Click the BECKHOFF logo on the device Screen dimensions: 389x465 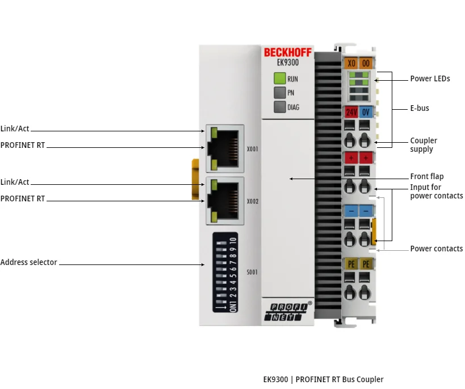[287, 52]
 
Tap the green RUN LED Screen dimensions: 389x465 [279, 78]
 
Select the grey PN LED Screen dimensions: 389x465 [279, 93]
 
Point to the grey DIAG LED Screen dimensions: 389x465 [279, 107]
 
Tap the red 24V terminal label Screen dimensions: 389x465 [351, 112]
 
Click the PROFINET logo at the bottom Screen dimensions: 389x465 [287, 312]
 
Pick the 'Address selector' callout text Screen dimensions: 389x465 [29, 263]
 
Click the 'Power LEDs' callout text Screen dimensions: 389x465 [430, 78]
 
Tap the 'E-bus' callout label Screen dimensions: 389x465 [420, 107]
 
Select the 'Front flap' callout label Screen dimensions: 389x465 [427, 176]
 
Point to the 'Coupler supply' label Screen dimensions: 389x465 [424, 145]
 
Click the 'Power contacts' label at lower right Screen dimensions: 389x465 [436, 249]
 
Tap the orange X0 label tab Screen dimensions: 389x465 [351, 63]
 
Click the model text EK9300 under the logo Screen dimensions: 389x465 [288, 63]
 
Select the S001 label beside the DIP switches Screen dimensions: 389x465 [252, 272]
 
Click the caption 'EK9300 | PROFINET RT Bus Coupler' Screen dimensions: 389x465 [323, 379]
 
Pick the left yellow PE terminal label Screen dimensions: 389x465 [351, 264]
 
